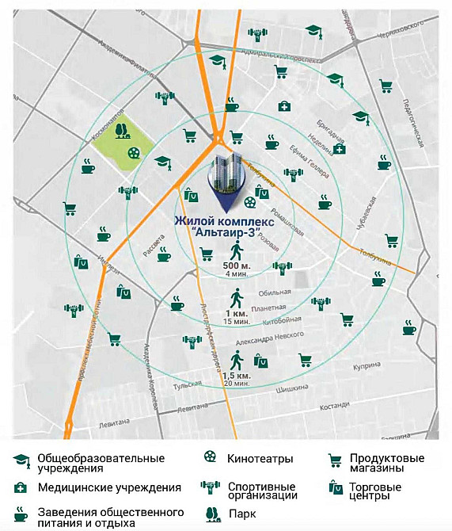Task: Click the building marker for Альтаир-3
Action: (x=226, y=177)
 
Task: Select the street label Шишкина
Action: (x=291, y=389)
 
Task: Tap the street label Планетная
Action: (x=267, y=308)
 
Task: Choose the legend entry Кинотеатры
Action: (x=260, y=459)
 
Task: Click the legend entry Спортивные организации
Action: (x=262, y=491)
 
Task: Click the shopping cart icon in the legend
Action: (x=335, y=460)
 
